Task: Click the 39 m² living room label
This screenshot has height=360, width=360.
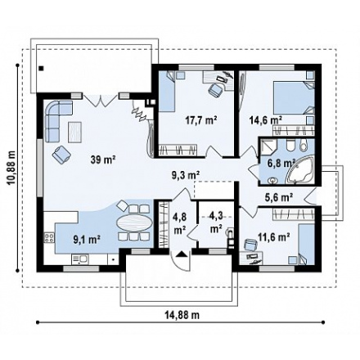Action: [103, 160]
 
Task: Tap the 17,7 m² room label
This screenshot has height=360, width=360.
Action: [201, 119]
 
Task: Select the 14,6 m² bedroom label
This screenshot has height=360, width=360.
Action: [266, 119]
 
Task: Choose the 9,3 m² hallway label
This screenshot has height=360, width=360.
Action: [186, 175]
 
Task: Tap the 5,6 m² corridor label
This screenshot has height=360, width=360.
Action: [279, 196]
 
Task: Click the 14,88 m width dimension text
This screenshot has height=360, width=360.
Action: [182, 315]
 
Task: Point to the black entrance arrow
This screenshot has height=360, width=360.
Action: [181, 254]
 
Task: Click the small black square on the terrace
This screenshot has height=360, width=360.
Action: [41, 69]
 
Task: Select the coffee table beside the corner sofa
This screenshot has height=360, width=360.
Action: [74, 132]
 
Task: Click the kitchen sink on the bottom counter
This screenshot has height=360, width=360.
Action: [79, 259]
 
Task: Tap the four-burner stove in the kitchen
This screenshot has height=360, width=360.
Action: [49, 237]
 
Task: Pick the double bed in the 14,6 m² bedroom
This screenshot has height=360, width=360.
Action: [294, 98]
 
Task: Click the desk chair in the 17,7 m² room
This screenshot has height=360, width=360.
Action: [216, 90]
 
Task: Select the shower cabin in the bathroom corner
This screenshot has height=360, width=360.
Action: [268, 147]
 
